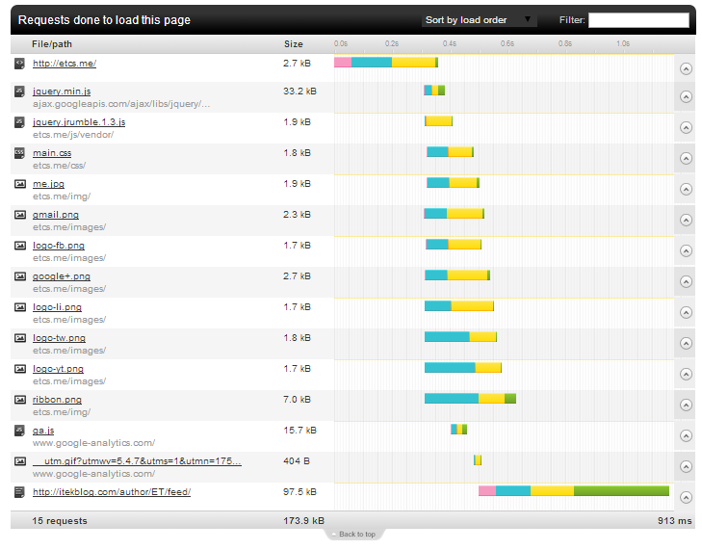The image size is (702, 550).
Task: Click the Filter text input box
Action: point(638,20)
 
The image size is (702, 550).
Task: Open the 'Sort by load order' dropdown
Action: point(479,20)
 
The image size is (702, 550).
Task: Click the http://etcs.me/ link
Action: point(65,64)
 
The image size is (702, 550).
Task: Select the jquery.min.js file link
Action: point(62,92)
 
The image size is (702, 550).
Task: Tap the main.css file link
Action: point(52,153)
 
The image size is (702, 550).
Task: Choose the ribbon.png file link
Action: point(58,400)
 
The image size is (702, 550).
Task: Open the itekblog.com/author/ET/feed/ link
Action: point(112,492)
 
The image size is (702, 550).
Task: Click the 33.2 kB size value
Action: point(299,92)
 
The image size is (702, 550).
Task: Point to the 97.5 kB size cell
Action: point(299,492)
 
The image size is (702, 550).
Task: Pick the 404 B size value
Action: point(297,460)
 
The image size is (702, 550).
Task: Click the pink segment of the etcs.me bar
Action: point(343,63)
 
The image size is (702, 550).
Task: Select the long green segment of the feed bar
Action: point(621,491)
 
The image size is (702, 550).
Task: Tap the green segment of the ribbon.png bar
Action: point(510,398)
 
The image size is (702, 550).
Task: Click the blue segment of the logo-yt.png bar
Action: point(450,367)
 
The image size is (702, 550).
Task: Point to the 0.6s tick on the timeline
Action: point(507,43)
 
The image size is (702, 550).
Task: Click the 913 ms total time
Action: point(675,520)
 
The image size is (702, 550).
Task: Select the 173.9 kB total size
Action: point(303,520)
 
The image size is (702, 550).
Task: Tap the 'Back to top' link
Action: point(357,535)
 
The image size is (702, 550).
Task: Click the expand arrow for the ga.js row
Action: point(686,435)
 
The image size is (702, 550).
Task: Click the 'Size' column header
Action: point(294,44)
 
